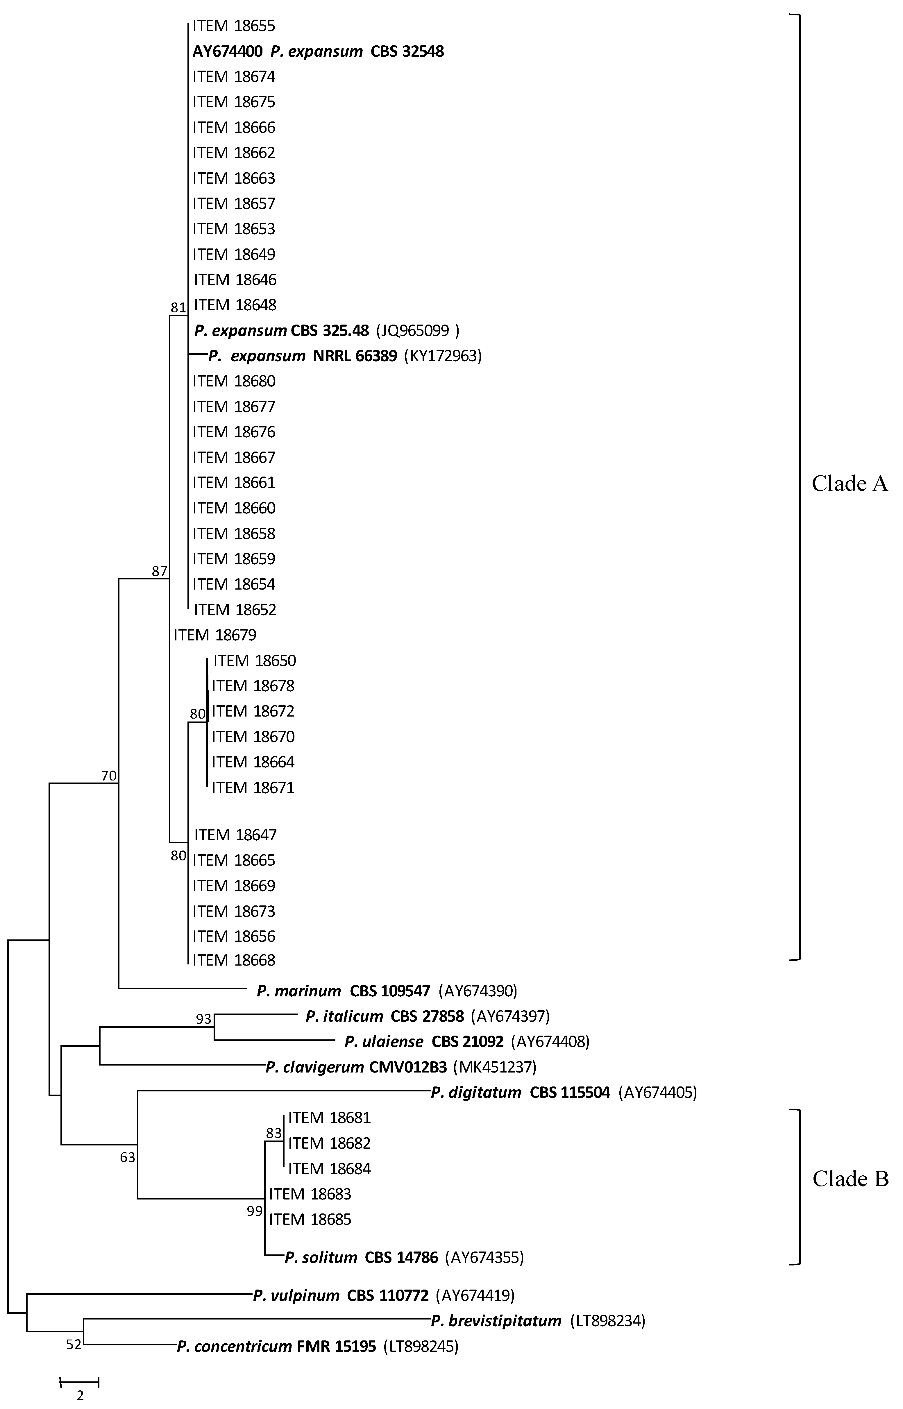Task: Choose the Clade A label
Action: pos(850,484)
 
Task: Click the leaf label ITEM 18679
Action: pos(215,635)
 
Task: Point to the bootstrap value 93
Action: pos(203,1019)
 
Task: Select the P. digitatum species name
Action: pos(475,1093)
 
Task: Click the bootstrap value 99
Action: pos(255,1211)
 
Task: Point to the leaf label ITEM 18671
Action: pos(253,788)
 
